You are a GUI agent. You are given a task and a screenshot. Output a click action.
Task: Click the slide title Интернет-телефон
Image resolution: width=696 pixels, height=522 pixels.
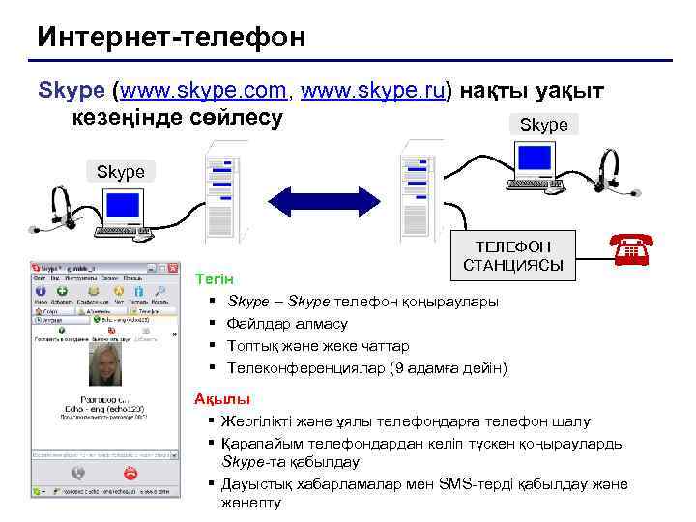pos(171,37)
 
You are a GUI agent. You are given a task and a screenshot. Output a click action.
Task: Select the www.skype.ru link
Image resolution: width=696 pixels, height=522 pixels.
pos(373,91)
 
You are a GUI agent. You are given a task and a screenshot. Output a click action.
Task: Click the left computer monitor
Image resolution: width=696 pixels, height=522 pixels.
pos(124,206)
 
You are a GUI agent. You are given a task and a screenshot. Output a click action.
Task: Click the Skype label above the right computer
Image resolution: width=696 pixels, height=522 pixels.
pos(543,125)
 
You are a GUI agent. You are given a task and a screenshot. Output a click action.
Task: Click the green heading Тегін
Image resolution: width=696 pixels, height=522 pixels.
pos(209,278)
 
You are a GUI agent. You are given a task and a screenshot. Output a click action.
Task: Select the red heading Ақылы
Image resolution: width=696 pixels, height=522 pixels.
pos(221,398)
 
